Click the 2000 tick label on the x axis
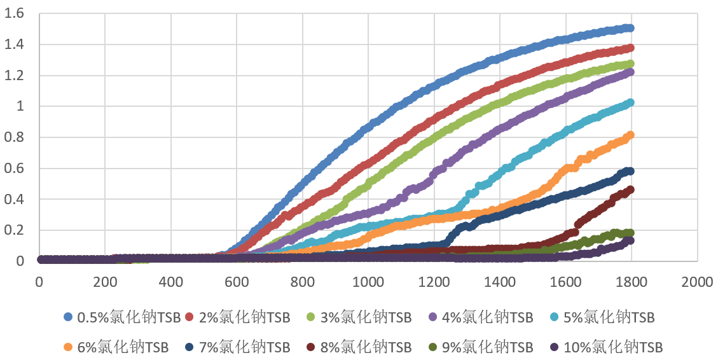(698, 280)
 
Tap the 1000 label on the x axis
(368, 280)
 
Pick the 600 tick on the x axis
(237, 280)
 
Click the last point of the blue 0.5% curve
(630, 28)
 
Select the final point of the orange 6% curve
(630, 135)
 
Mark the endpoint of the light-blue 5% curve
(630, 102)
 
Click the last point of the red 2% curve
(630, 48)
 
